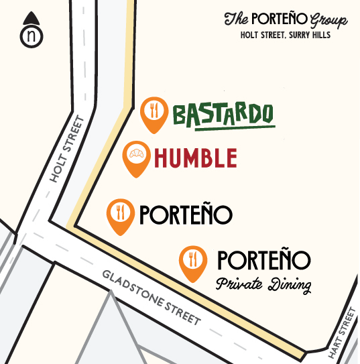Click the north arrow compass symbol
pos(29,30)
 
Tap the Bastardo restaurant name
pos(223,114)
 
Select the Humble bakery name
pos(194,158)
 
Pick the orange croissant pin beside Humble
pos(136,157)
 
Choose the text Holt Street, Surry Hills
pos(285,36)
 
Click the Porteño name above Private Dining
pos(263,261)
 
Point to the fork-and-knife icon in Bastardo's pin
pos(154,109)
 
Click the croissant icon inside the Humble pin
pos(136,154)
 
